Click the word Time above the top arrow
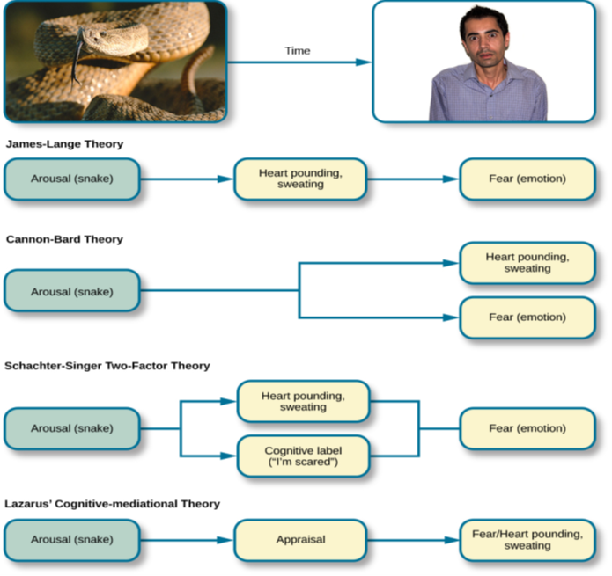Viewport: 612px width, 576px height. (x=298, y=51)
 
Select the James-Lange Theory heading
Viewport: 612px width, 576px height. (x=64, y=143)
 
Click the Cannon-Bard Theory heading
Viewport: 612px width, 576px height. (x=64, y=239)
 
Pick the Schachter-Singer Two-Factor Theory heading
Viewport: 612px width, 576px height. (x=107, y=366)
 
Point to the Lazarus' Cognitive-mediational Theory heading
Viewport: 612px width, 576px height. (x=113, y=504)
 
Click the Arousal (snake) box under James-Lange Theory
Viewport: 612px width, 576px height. (x=72, y=179)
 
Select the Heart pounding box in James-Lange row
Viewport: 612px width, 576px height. (x=300, y=179)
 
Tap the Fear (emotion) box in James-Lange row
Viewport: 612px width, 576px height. (x=527, y=179)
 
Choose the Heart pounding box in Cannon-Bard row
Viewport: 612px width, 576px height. (x=527, y=263)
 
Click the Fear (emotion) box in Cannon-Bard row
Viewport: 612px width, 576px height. (x=527, y=317)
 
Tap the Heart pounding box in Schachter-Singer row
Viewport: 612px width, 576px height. (x=303, y=402)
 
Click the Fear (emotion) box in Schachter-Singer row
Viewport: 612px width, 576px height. (x=527, y=428)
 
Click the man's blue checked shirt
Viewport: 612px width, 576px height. (x=489, y=97)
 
